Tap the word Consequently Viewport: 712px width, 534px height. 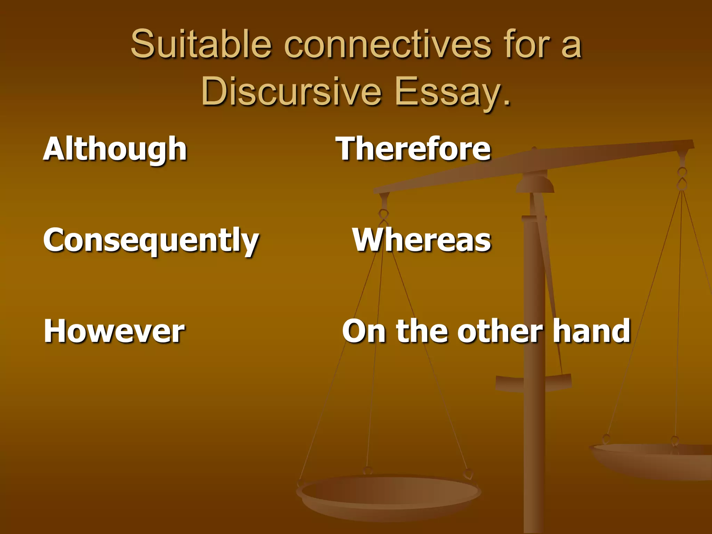point(151,241)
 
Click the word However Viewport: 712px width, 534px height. point(114,331)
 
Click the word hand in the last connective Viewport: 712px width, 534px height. point(591,331)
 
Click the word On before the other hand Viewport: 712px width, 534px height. point(364,332)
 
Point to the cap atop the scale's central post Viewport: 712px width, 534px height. point(535,183)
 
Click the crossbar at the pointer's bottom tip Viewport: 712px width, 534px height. point(534,382)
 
